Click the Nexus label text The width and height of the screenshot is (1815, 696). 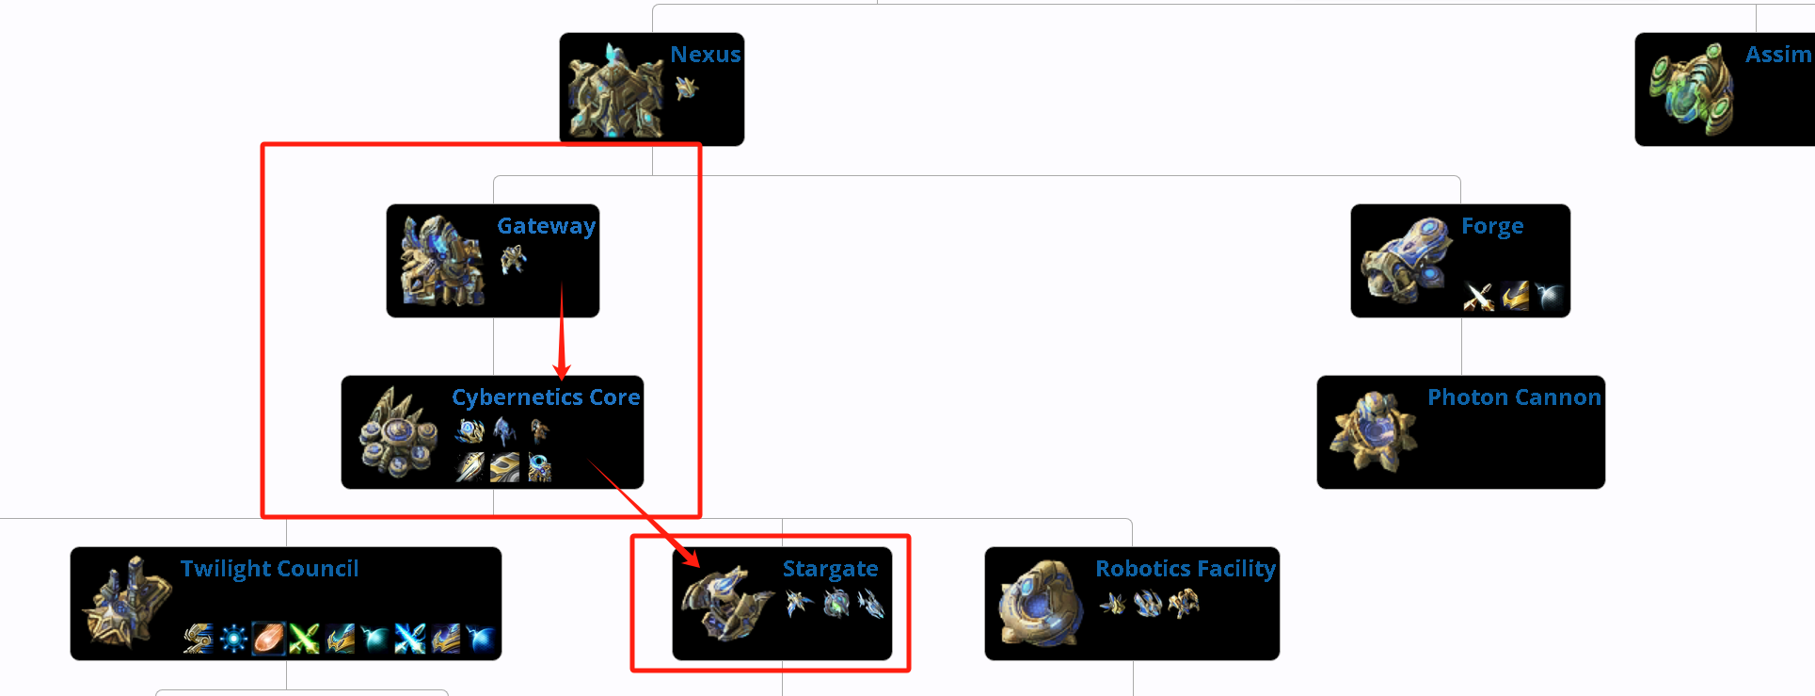(705, 55)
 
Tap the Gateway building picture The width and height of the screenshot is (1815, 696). (440, 261)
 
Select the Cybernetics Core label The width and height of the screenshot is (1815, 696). (546, 397)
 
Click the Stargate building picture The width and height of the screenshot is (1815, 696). (724, 603)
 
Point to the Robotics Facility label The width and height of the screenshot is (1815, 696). (1185, 569)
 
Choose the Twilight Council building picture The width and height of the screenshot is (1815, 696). (124, 603)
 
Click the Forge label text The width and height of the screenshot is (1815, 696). (1492, 226)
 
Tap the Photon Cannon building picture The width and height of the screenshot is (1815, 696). (1372, 431)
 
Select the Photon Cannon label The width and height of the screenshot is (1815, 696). (1514, 397)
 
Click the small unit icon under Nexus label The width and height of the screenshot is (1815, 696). (687, 89)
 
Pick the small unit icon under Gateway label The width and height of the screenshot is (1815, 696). (513, 259)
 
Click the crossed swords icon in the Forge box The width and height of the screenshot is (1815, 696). (1478, 297)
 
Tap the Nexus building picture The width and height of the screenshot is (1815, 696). (613, 91)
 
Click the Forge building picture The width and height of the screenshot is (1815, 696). (1405, 261)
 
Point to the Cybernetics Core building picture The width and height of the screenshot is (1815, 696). (397, 432)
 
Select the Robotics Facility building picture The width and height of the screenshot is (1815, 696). (1039, 603)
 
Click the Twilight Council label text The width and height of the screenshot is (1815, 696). (269, 569)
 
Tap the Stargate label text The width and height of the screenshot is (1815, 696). (830, 569)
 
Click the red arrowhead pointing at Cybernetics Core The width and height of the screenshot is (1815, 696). (563, 368)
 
